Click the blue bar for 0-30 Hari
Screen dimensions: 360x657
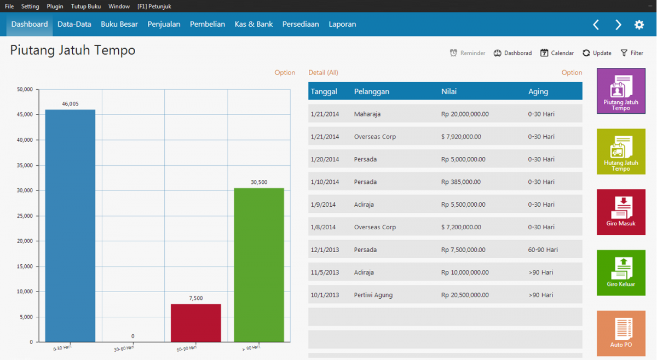tap(70, 225)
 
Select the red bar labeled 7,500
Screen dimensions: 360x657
tap(195, 323)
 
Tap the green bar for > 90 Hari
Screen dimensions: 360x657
tap(259, 265)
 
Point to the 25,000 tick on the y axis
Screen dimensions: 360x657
tap(25, 216)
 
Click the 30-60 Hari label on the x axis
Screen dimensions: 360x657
tap(124, 349)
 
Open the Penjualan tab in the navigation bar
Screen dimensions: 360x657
tap(164, 24)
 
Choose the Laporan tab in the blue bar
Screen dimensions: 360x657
tap(342, 24)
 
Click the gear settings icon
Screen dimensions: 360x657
tap(639, 25)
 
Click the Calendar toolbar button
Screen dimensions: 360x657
tap(557, 53)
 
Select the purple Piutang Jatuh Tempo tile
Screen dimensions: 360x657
tap(621, 91)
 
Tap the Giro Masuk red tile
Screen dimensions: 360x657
tap(621, 212)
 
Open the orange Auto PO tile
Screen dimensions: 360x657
tap(621, 333)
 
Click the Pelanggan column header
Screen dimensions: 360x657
tap(372, 91)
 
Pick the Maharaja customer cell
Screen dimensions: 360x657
tap(367, 114)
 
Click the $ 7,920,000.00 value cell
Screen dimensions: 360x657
tap(461, 137)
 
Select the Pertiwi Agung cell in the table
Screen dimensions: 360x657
tap(373, 295)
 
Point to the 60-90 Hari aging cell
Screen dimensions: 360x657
tap(543, 249)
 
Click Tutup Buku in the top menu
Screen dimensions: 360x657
tap(86, 6)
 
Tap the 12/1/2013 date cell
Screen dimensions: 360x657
tap(325, 249)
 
